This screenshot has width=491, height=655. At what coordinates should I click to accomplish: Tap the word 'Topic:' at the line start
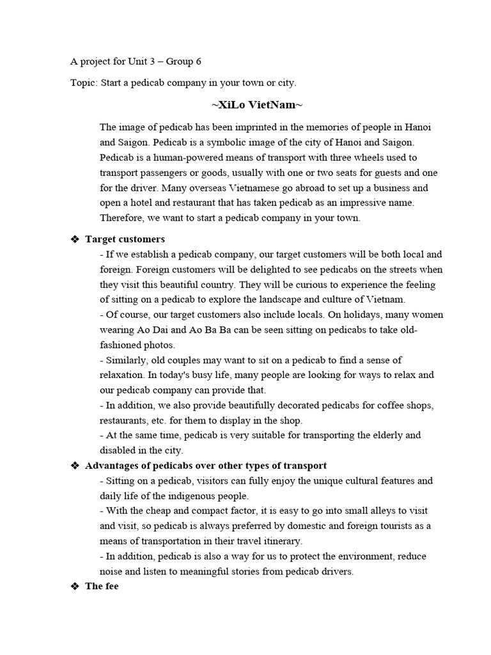pos(83,83)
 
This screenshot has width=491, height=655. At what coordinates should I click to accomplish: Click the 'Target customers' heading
pos(125,239)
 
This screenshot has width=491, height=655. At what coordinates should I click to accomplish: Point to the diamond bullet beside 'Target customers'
pos(75,239)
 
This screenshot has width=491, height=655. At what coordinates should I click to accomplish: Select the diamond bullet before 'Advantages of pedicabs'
pos(75,466)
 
